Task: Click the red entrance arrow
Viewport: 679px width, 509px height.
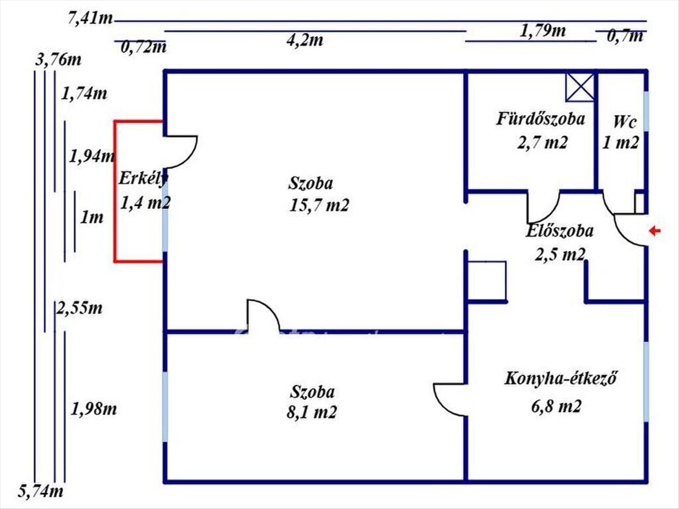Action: click(655, 230)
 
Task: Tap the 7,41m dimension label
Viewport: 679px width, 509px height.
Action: click(89, 19)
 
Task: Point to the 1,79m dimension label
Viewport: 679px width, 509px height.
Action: click(543, 31)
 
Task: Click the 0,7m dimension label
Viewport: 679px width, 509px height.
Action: click(625, 37)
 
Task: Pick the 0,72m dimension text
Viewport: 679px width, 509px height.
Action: click(144, 47)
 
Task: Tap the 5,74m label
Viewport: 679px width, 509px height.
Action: click(41, 491)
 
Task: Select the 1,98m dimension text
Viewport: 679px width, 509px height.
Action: click(93, 408)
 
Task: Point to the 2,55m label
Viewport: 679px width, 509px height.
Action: click(79, 309)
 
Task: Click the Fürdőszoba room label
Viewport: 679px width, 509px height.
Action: click(540, 119)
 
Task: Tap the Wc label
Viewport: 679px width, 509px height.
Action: click(625, 122)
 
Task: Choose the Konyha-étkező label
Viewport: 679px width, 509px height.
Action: click(560, 378)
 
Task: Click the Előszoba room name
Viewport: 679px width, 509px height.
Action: click(559, 231)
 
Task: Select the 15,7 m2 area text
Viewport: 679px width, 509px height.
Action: click(319, 205)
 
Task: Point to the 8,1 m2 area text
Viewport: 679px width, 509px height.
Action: click(312, 412)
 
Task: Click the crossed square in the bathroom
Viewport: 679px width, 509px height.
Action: click(580, 87)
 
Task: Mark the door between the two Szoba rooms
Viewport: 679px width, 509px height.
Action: click(263, 314)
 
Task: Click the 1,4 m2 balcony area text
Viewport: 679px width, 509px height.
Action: click(145, 202)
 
